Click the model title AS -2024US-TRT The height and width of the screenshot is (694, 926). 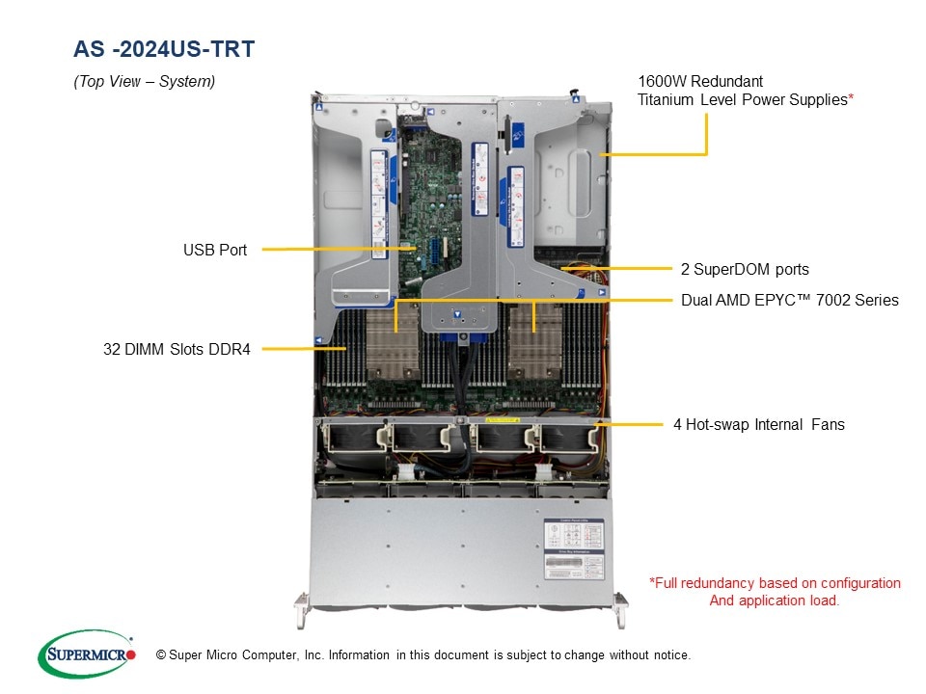[x=164, y=49]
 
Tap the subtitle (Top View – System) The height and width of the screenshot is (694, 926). [x=144, y=81]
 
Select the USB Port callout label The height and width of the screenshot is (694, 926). [x=215, y=251]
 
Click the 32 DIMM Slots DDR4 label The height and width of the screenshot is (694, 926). [x=177, y=349]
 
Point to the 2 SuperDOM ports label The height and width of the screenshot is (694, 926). [x=745, y=269]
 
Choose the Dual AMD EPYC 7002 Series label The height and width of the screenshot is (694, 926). [x=790, y=300]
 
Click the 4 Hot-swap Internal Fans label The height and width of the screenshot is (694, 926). [x=759, y=424]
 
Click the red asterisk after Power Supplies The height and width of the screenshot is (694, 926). [x=851, y=96]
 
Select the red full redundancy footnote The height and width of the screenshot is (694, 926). [x=775, y=591]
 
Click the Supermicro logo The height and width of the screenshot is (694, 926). [x=87, y=654]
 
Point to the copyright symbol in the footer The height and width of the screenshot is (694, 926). [x=161, y=655]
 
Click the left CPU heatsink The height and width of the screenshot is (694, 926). [x=393, y=342]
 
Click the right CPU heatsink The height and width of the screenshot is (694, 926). [x=535, y=342]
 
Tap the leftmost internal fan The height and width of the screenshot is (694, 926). [x=353, y=439]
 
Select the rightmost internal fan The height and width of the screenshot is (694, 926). [x=567, y=439]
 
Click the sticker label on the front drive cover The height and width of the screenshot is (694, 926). [x=573, y=549]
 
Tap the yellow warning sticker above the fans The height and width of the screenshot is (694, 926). [x=502, y=420]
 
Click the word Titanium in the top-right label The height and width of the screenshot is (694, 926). [x=665, y=99]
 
